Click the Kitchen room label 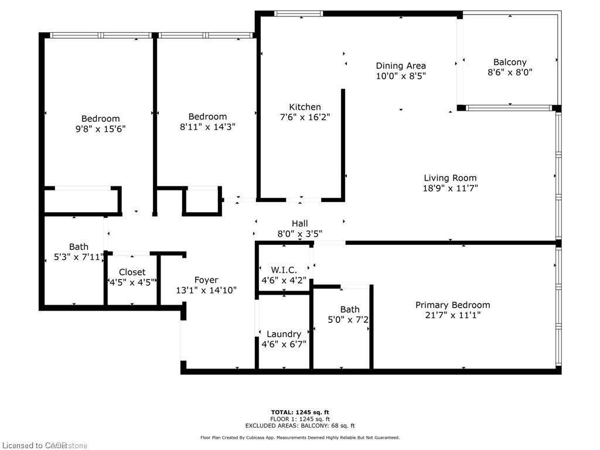[x=305, y=107]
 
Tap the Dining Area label [x=401, y=66]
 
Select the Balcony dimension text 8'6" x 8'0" [x=510, y=72]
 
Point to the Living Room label [x=450, y=178]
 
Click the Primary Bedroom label [x=452, y=305]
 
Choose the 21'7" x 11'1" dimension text [x=452, y=315]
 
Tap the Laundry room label [x=284, y=334]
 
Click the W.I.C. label [x=284, y=270]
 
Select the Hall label [x=299, y=223]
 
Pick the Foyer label [x=206, y=280]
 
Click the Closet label [x=132, y=272]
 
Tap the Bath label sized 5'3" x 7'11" [x=79, y=247]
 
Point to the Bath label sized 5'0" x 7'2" [x=350, y=309]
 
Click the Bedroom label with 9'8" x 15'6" [x=100, y=118]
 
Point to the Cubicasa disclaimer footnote [x=299, y=438]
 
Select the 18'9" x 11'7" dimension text [x=450, y=188]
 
